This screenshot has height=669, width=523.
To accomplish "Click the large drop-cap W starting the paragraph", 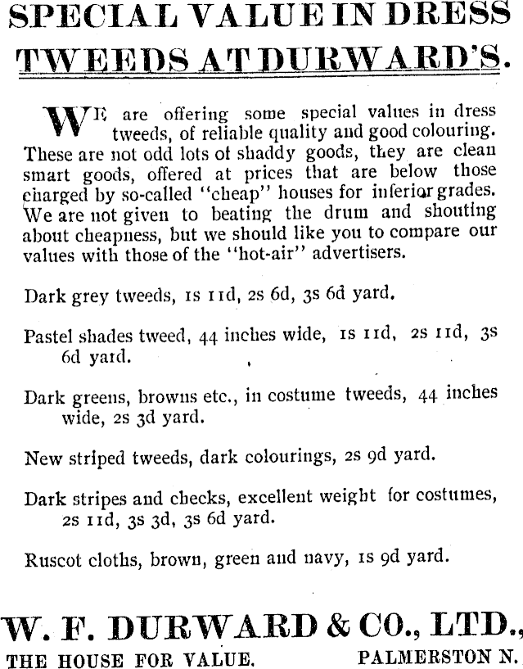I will tap(61, 122).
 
